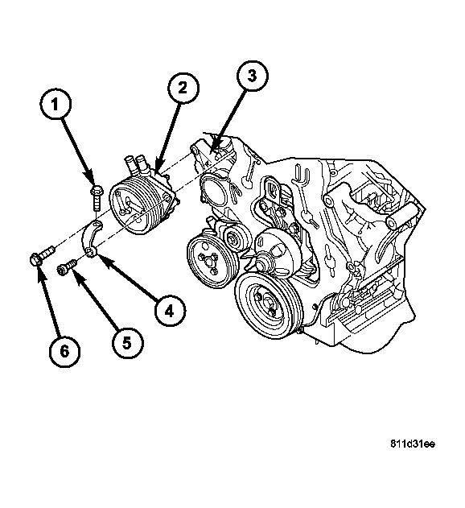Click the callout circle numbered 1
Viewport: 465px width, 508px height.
pos(55,105)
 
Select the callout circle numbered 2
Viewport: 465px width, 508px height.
pos(183,88)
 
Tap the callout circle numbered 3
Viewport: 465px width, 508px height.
pos(253,76)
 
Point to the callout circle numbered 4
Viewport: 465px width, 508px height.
pos(170,311)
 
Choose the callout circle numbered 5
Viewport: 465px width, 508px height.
pos(127,343)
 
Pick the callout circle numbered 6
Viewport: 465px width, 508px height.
pos(64,351)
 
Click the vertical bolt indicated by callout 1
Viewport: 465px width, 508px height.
pos(97,198)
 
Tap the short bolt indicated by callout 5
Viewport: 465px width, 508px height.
pos(67,266)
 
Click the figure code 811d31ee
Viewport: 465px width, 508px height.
pos(413,444)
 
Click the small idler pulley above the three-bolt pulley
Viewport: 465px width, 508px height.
pos(237,239)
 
